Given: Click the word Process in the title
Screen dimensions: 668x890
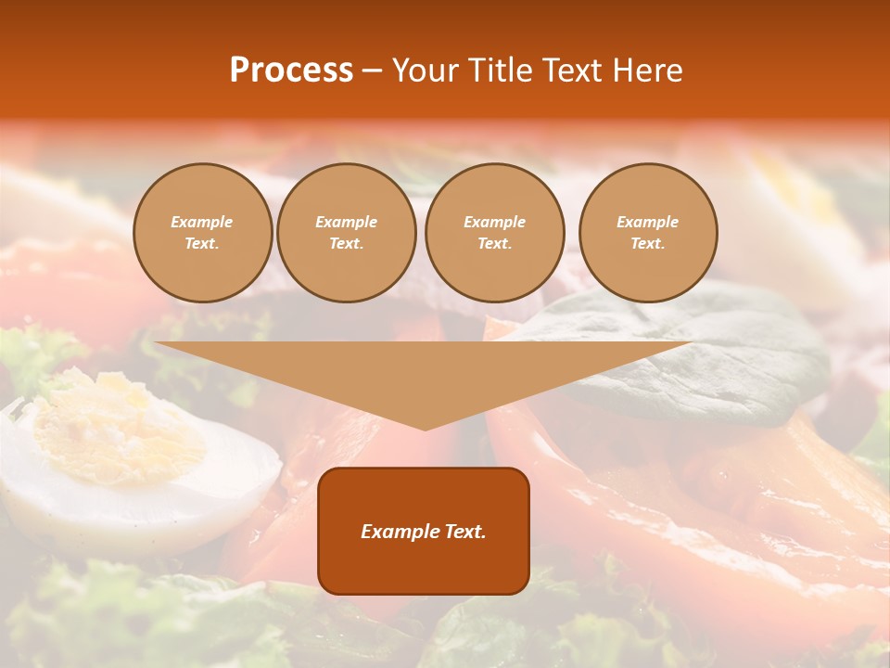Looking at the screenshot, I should point(291,71).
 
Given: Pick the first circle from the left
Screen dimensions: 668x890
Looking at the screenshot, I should point(202,233).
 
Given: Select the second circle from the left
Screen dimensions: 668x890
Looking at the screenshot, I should point(347,233).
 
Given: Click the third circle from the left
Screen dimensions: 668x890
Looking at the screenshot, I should point(494,233).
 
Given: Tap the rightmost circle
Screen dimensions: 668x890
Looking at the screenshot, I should point(648,233).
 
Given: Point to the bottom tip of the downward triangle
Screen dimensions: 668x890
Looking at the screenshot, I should point(425,429).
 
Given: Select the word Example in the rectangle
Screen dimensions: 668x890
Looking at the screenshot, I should point(399,532).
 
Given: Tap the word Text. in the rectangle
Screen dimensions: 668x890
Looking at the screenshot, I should point(464,532).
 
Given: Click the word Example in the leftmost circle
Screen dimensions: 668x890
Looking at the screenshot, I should point(202,222).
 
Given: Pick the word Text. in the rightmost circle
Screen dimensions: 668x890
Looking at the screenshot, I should point(648,244).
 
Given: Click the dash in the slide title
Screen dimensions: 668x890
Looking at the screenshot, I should point(372,71).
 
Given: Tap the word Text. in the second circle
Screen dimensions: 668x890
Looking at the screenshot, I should point(347,244).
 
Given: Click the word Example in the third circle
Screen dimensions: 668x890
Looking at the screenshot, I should point(494,222).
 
